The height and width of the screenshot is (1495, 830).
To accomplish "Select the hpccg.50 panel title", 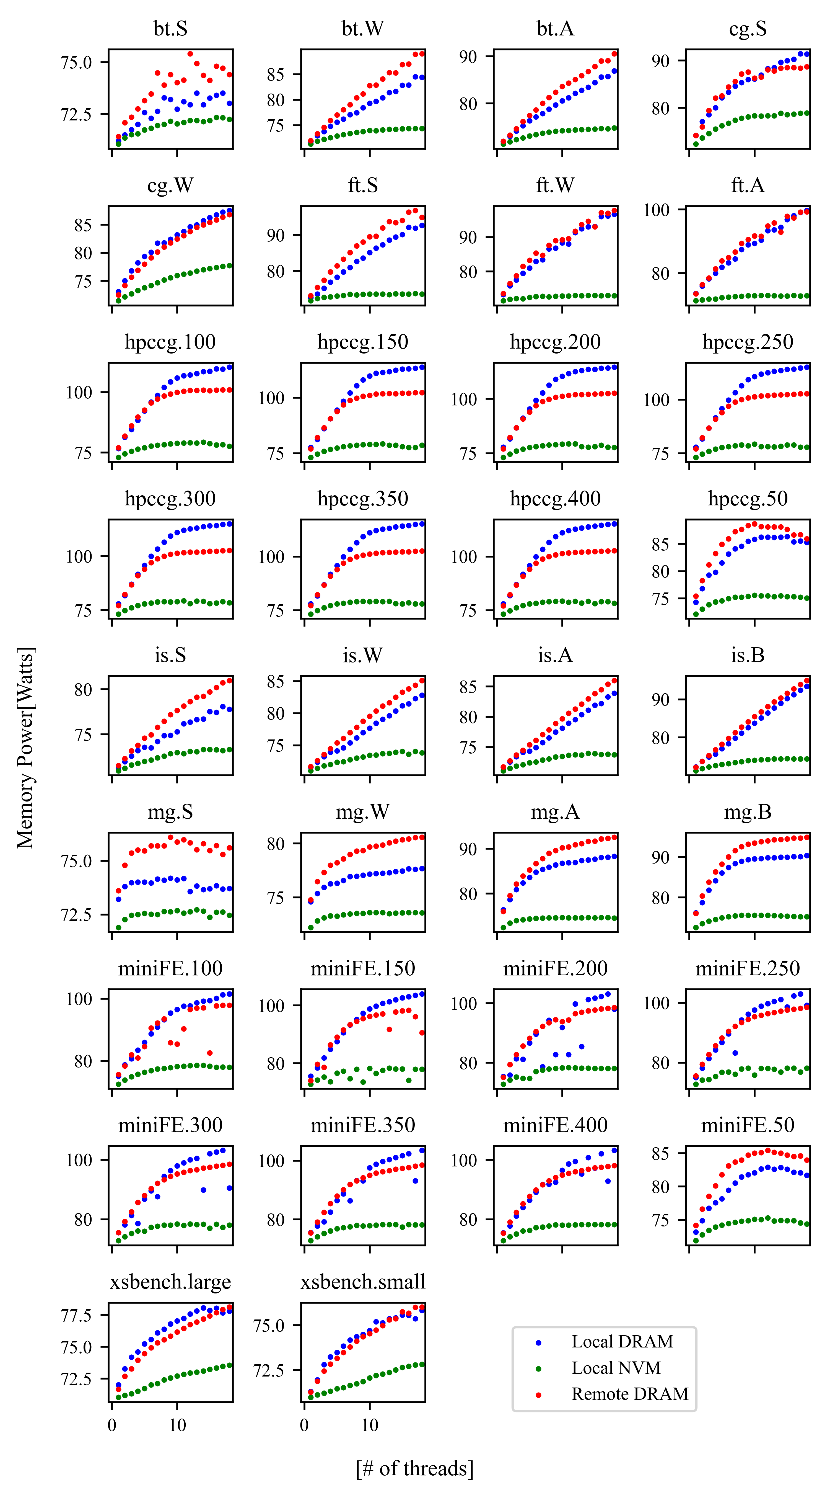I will coord(748,499).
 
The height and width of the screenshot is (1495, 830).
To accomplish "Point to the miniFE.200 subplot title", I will coord(555,969).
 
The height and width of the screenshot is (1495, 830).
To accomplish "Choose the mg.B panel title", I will coord(748,812).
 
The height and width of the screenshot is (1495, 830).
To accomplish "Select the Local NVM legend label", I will coord(616,1368).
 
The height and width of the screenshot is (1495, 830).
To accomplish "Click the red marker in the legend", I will coord(538,1395).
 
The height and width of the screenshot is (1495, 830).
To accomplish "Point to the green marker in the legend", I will coord(538,1368).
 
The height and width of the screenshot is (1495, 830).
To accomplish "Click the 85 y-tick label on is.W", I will coord(276,682).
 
